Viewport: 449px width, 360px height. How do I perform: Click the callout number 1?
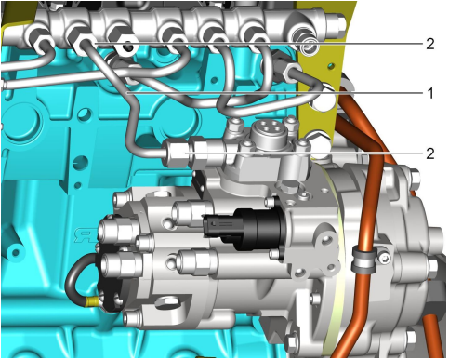point(429,93)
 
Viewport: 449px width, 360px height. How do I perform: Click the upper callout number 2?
point(430,44)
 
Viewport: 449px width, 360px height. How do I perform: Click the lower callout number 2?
point(430,153)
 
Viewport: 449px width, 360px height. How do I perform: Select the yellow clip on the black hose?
point(91,301)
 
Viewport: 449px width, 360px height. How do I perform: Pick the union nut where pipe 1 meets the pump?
point(176,153)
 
